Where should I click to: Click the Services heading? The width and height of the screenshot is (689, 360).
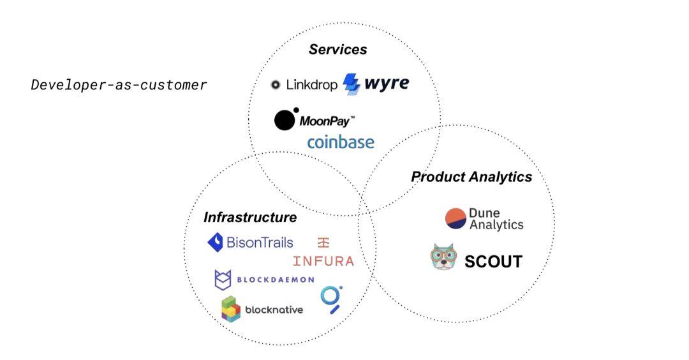(x=337, y=49)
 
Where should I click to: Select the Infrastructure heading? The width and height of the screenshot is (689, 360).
(x=250, y=217)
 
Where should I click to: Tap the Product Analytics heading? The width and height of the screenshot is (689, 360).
(x=471, y=177)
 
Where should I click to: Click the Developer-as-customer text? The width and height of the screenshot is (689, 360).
(x=119, y=84)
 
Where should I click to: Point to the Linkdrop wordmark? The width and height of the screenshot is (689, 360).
(x=311, y=84)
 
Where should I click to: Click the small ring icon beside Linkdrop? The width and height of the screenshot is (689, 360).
(x=276, y=85)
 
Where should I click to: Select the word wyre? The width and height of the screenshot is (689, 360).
(x=387, y=83)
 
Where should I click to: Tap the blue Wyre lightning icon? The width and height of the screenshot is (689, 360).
(x=352, y=84)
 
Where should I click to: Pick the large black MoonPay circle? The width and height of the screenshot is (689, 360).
(x=285, y=121)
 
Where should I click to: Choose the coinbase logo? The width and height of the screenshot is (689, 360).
(x=341, y=142)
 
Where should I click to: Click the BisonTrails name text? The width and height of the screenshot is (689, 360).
(x=260, y=242)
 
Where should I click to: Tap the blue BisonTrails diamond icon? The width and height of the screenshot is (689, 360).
(x=215, y=243)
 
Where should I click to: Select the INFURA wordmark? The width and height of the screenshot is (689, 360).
(x=323, y=261)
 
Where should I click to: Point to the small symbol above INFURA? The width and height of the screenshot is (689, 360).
(x=323, y=242)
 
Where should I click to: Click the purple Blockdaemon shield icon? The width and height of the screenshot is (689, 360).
(x=223, y=280)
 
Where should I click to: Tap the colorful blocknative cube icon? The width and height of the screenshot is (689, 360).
(x=231, y=309)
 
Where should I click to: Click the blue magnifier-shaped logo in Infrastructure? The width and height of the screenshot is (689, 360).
(x=331, y=299)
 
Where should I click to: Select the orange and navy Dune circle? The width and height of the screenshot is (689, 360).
(x=456, y=218)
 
